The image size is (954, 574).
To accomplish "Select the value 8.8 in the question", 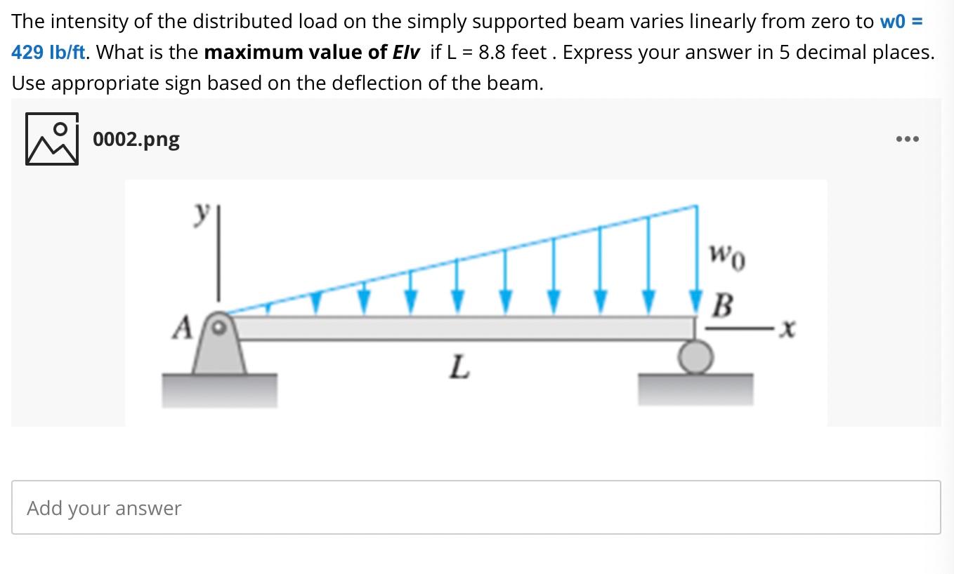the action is point(491,52).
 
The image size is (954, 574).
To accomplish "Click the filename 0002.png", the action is point(136,139).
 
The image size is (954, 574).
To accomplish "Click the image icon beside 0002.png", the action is point(52,139).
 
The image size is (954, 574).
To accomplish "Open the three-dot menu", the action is point(907,139).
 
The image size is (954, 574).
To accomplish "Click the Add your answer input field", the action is point(476,507).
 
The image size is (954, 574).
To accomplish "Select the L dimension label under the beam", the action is point(459,366).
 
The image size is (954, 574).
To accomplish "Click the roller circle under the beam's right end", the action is point(695,357).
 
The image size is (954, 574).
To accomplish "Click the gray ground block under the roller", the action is point(695,389).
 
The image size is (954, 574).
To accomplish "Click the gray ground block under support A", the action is point(219,389).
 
